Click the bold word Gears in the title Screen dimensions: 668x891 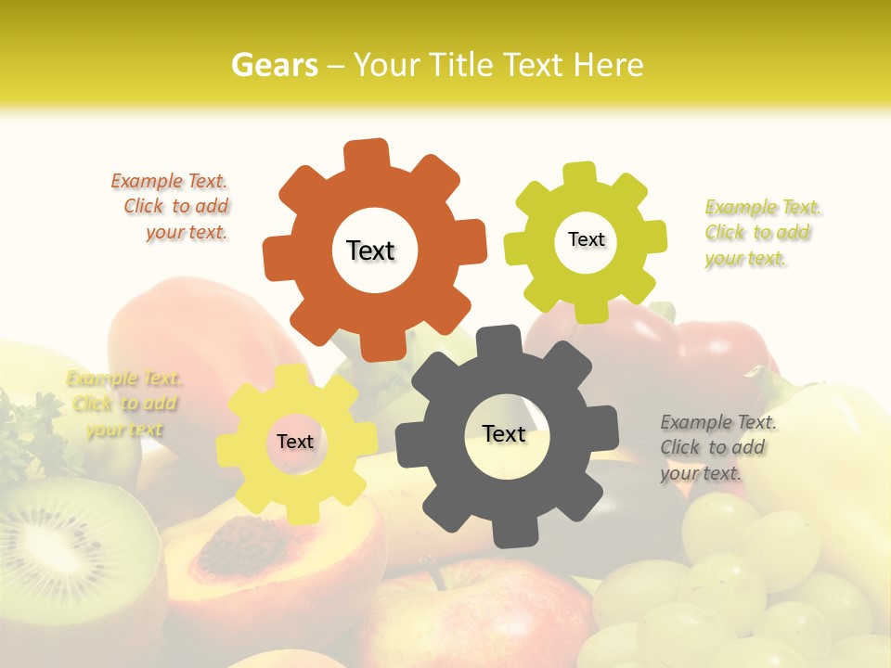pyautogui.click(x=273, y=65)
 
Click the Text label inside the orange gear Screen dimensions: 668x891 pyautogui.click(x=370, y=250)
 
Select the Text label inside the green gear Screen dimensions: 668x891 pyautogui.click(x=586, y=239)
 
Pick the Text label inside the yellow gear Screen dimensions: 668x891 pyautogui.click(x=295, y=442)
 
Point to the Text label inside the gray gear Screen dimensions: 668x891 pyautogui.click(x=504, y=433)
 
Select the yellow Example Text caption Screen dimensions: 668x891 pyautogui.click(x=123, y=404)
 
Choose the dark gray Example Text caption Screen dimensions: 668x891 pyautogui.click(x=717, y=447)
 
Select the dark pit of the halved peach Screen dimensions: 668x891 pyautogui.click(x=229, y=544)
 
